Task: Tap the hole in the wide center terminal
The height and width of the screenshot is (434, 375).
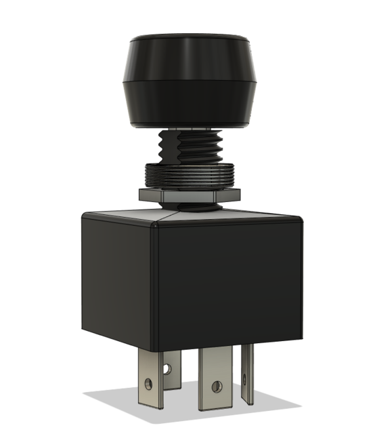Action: pyautogui.click(x=217, y=387)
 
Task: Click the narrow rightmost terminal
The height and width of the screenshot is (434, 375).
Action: pyautogui.click(x=248, y=373)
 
